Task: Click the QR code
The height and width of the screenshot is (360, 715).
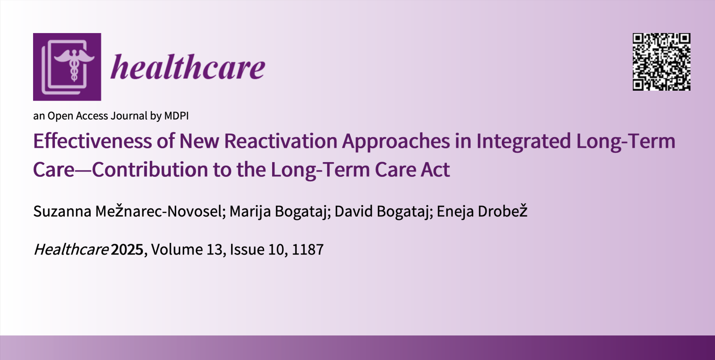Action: tap(661, 62)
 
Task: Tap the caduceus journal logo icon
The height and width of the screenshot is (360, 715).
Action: tap(67, 67)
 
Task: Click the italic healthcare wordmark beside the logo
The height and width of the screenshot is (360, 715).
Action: tap(188, 67)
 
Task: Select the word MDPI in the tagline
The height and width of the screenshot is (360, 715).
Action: tap(176, 116)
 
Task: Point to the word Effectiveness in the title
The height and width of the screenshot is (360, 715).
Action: tap(92, 141)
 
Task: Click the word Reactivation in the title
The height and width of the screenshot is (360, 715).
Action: tap(281, 141)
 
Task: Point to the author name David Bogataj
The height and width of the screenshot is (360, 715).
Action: tap(382, 212)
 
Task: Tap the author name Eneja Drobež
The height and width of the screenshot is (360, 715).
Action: tap(482, 211)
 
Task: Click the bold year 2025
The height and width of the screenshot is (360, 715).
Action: tap(127, 250)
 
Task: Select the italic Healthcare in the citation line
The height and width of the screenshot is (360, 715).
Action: tap(71, 250)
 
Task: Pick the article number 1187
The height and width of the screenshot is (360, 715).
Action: tap(308, 250)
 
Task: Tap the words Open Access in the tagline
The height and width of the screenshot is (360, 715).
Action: tap(78, 116)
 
